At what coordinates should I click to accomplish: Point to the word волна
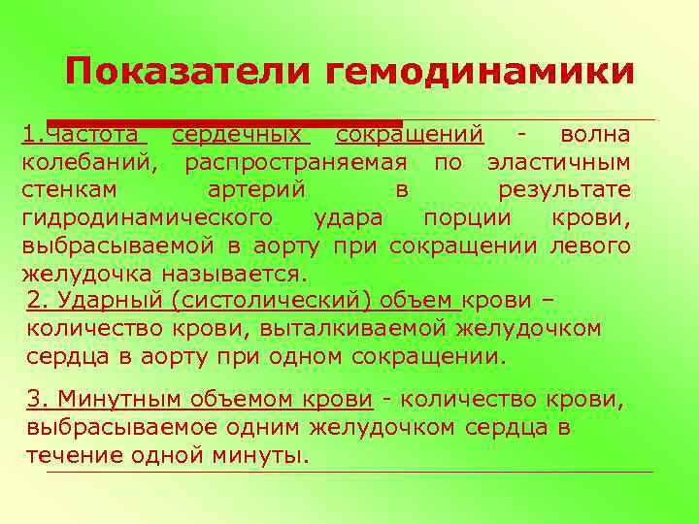(595, 133)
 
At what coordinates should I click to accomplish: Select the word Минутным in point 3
(110, 399)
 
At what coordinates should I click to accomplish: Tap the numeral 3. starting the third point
(37, 399)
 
